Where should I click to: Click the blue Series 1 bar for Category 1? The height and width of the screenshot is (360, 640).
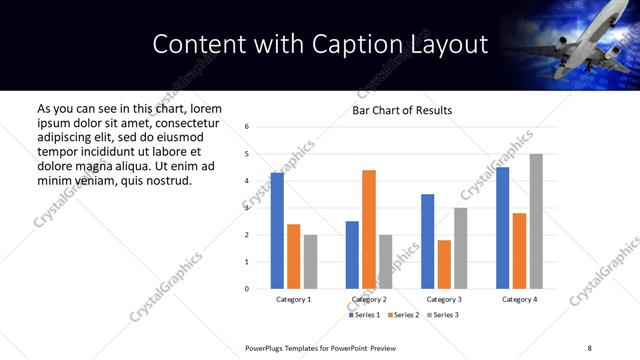pyautogui.click(x=277, y=231)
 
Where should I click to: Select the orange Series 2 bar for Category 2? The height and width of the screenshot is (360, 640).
pyautogui.click(x=369, y=229)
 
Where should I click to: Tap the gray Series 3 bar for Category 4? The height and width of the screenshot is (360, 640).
pyautogui.click(x=536, y=221)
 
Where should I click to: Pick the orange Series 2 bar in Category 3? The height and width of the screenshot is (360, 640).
pyautogui.click(x=444, y=264)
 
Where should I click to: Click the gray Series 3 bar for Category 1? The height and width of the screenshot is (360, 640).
pyautogui.click(x=310, y=262)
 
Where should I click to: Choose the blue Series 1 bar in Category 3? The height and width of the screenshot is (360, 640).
pyautogui.click(x=428, y=241)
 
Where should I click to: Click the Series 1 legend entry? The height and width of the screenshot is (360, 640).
pyautogui.click(x=364, y=315)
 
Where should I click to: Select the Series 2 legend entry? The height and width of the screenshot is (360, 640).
pyautogui.click(x=401, y=315)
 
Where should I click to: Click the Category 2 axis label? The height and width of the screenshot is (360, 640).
pyautogui.click(x=369, y=300)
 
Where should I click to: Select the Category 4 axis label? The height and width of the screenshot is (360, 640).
pyautogui.click(x=519, y=300)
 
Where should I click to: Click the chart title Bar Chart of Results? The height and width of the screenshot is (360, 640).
pyautogui.click(x=402, y=110)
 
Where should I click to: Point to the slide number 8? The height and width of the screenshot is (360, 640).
pyautogui.click(x=589, y=347)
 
